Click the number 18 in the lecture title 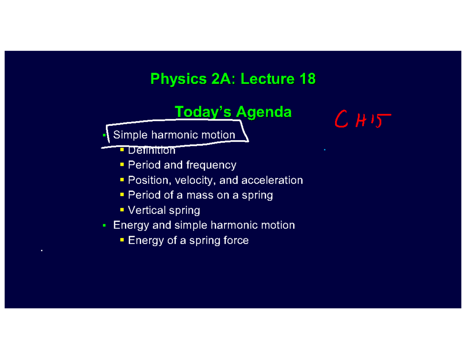(307, 79)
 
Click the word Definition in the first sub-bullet (151, 150)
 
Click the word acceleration (272, 180)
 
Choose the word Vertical (146, 210)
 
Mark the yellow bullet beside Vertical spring (122, 210)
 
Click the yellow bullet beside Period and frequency (122, 165)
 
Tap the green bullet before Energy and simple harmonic (104, 225)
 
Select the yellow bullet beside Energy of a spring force (122, 240)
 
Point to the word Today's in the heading (203, 112)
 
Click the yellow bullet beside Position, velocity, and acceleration (122, 180)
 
